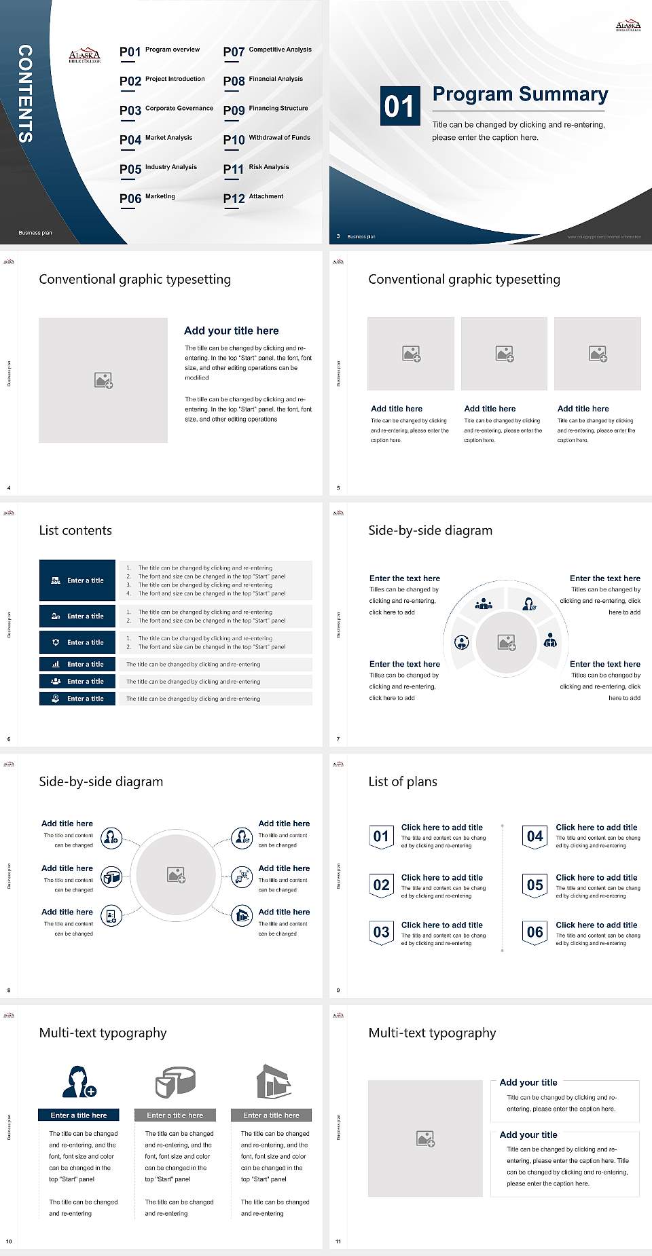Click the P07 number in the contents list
click(x=234, y=52)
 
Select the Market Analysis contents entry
click(x=168, y=138)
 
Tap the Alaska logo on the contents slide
click(x=85, y=56)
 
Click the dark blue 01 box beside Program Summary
click(x=399, y=106)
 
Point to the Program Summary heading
click(x=520, y=94)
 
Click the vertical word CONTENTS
click(x=24, y=94)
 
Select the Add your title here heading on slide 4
click(x=231, y=331)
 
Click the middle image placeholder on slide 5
click(x=504, y=354)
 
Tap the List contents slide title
click(x=75, y=530)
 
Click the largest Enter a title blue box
click(x=77, y=580)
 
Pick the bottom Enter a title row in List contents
click(x=77, y=699)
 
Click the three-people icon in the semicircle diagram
click(x=484, y=603)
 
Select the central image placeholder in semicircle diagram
click(x=507, y=642)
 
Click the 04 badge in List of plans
click(x=535, y=836)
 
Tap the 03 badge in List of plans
click(x=381, y=932)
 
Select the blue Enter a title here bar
click(x=79, y=1115)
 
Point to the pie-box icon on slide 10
click(x=175, y=1082)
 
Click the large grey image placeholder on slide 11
click(x=425, y=1139)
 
